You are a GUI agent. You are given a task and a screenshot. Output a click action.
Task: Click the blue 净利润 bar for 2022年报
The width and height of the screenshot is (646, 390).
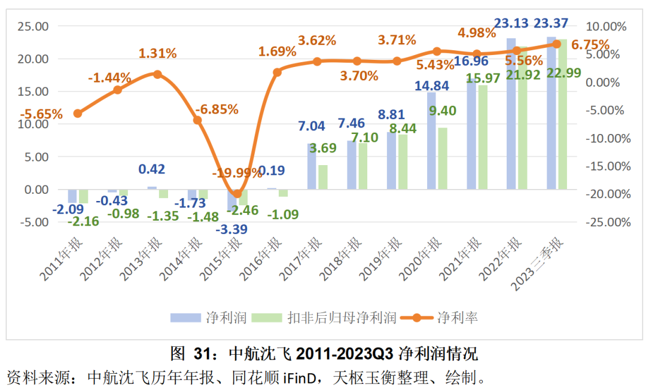(x=511, y=114)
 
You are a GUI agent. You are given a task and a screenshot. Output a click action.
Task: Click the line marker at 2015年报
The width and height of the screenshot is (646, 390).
(x=237, y=194)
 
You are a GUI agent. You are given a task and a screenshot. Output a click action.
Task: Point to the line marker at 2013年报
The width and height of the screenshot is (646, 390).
(x=157, y=74)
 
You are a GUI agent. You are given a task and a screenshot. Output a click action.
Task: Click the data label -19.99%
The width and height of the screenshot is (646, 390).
(x=237, y=173)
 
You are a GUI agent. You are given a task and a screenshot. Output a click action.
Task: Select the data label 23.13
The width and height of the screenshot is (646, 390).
(x=511, y=24)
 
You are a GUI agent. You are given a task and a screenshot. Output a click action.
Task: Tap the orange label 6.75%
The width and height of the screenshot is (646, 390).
(x=590, y=45)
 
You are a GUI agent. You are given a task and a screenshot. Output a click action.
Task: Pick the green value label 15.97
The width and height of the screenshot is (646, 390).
(x=482, y=78)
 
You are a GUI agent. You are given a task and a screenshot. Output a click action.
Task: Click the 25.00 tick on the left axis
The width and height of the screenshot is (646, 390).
(x=32, y=26)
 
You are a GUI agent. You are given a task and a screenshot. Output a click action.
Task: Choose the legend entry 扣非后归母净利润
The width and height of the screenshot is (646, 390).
(x=342, y=317)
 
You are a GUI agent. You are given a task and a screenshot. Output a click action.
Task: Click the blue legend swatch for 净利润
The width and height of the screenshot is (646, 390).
(x=185, y=317)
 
